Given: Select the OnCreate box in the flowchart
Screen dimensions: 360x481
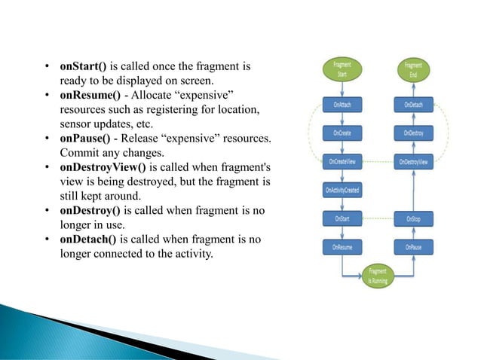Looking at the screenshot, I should click(342, 133).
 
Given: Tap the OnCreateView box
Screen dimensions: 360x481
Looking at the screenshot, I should click(342, 161).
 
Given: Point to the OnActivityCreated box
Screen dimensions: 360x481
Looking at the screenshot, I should click(342, 190).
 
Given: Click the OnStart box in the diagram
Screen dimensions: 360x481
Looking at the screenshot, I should click(342, 218).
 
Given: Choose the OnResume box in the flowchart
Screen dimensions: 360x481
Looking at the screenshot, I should click(342, 247).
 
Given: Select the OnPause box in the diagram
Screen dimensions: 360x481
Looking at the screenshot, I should click(413, 247).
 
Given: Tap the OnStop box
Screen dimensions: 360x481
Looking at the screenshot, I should click(413, 218).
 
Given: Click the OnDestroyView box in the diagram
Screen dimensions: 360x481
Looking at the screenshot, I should click(413, 161).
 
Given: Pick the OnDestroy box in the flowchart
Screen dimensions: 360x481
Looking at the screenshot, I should click(413, 133).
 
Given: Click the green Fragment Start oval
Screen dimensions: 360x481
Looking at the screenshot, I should click(342, 70).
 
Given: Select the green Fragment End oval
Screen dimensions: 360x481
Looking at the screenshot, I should click(413, 70).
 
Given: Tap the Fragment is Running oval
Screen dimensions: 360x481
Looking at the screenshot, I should click(377, 276).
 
